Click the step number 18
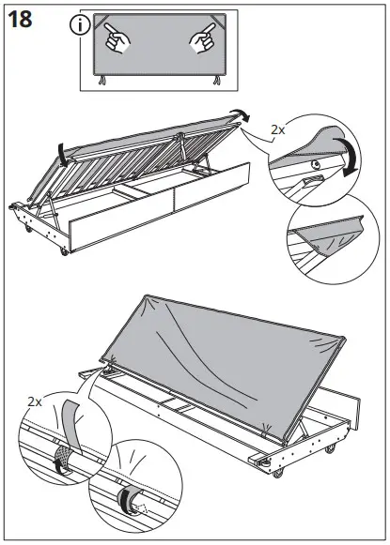tap(23, 22)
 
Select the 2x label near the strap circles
tap(35, 401)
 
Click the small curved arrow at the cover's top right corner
tap(244, 113)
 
